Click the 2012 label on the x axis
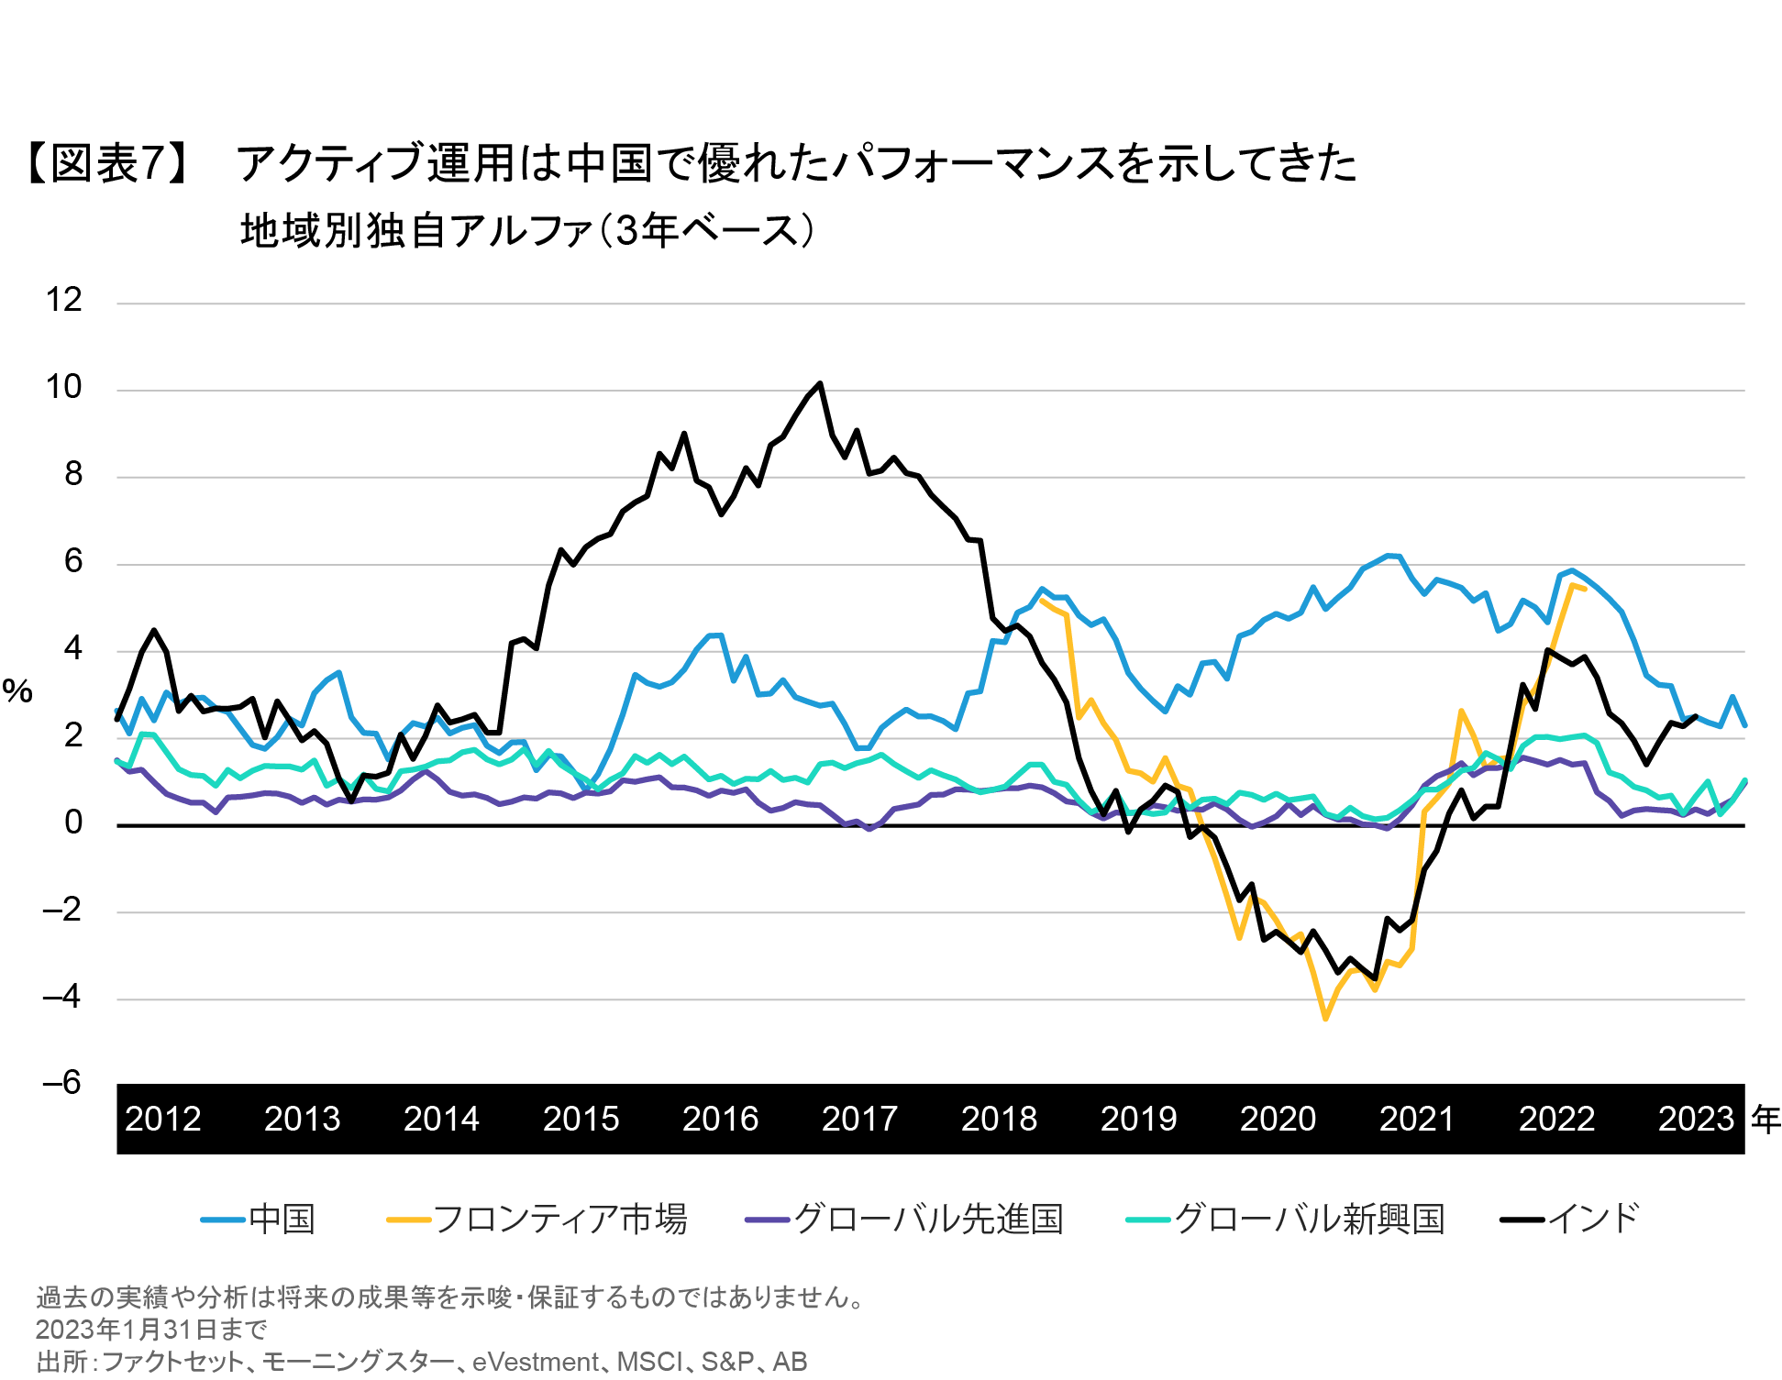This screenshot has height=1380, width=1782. (162, 1119)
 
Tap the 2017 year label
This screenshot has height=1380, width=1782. (859, 1119)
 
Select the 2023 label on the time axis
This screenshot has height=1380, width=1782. (1696, 1119)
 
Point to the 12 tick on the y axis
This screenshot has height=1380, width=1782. (64, 300)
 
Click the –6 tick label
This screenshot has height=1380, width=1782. (62, 1083)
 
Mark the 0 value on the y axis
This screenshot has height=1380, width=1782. (73, 822)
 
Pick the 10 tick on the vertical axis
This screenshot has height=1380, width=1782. (64, 387)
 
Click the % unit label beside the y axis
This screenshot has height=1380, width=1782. (17, 690)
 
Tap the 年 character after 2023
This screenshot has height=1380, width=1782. (1765, 1119)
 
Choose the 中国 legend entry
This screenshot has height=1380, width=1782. (259, 1220)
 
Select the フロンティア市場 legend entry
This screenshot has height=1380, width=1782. (537, 1220)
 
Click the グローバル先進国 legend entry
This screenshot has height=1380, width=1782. (904, 1220)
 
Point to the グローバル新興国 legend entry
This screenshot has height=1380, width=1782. (1286, 1220)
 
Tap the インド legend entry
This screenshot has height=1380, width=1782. (1570, 1220)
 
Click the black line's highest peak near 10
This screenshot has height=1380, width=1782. (820, 384)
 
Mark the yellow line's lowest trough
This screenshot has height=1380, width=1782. (1325, 1018)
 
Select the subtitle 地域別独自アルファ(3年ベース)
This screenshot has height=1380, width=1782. (528, 230)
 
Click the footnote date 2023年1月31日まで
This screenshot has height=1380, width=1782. (151, 1329)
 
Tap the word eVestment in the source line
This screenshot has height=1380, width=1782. (536, 1362)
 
